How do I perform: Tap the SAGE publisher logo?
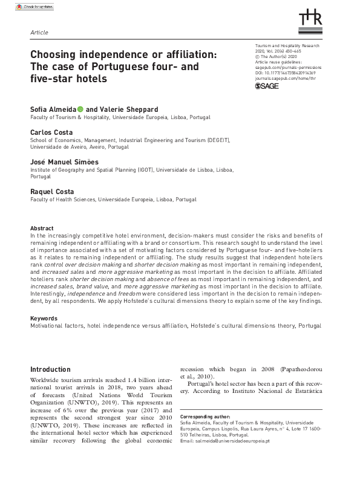click(x=266, y=86)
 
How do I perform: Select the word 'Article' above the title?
click(x=38, y=32)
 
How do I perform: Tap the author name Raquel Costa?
click(x=53, y=192)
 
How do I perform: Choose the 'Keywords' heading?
click(x=44, y=318)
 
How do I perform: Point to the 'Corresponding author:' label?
click(x=205, y=417)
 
